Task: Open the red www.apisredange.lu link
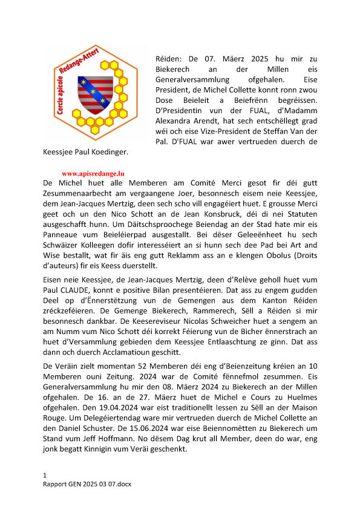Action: tap(90, 172)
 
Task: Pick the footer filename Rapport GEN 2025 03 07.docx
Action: tap(88, 485)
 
